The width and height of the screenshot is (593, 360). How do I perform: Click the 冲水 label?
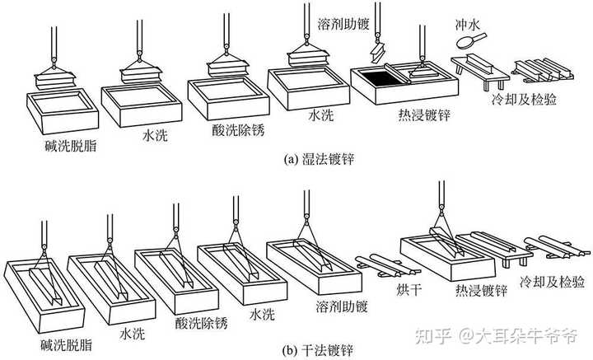[468, 25]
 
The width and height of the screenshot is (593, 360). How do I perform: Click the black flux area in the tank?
[378, 78]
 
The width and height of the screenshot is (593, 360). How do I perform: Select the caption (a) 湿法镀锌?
[319, 159]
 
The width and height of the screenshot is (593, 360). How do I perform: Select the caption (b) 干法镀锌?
[319, 350]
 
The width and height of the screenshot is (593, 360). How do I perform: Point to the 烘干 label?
[409, 290]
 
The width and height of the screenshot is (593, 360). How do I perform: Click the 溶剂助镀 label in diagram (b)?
[342, 306]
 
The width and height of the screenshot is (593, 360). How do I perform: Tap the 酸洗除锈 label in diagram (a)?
[238, 129]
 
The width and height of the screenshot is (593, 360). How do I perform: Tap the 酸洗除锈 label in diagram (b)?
[202, 323]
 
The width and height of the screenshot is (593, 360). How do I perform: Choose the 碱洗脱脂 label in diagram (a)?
[71, 146]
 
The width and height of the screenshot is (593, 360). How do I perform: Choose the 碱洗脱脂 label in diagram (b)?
[66, 344]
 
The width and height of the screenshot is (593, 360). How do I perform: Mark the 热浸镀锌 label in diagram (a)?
[424, 115]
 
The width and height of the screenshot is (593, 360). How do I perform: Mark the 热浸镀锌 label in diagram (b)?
[481, 291]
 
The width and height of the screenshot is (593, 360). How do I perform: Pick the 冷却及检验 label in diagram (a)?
[524, 99]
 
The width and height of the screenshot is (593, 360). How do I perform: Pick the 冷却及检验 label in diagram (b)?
[552, 282]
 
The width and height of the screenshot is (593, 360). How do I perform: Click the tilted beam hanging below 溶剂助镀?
[378, 53]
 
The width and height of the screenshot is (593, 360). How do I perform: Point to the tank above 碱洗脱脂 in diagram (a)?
[63, 110]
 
